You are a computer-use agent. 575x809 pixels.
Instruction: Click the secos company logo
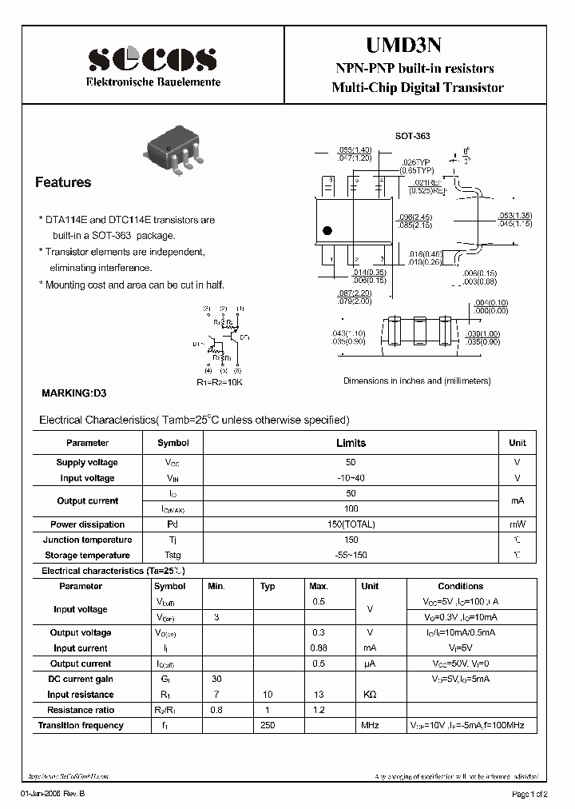153,59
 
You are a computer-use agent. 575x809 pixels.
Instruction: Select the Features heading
63,182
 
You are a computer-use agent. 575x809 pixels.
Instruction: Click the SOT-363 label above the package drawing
412,137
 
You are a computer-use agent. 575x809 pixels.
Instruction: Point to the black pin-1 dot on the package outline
327,232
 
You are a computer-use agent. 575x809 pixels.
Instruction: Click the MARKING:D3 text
73,393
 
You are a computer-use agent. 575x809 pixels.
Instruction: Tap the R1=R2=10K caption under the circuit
220,383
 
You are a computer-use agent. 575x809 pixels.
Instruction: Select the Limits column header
351,443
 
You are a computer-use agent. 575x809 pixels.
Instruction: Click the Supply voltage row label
87,463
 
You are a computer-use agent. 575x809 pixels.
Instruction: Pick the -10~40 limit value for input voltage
351,478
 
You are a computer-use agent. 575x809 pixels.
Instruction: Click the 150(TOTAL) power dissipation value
351,524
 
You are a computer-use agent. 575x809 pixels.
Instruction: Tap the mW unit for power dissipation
517,524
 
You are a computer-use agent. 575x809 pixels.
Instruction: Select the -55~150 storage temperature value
351,555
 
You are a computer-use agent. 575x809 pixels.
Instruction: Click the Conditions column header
461,586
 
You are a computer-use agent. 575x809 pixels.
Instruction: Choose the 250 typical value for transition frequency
268,725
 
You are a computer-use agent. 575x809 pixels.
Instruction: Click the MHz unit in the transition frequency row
370,725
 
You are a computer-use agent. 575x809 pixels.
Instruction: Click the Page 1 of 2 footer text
529,794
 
